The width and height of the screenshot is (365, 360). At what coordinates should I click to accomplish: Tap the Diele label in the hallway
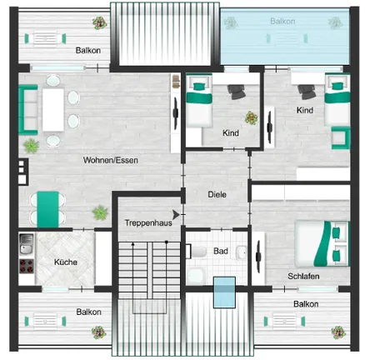pos(217,194)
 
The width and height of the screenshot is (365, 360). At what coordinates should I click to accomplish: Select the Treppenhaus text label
pos(143,223)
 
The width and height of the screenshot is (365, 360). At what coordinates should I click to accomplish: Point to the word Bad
pos(220,250)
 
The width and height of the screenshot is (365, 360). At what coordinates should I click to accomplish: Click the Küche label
pos(66,262)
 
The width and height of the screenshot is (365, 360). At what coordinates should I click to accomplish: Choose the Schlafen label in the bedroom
pos(305,277)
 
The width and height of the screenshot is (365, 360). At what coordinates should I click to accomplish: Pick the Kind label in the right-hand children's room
pos(304,110)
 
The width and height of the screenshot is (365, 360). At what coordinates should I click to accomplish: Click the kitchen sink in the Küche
pos(26,246)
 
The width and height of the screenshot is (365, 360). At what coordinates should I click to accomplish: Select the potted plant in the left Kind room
pos(249,117)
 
